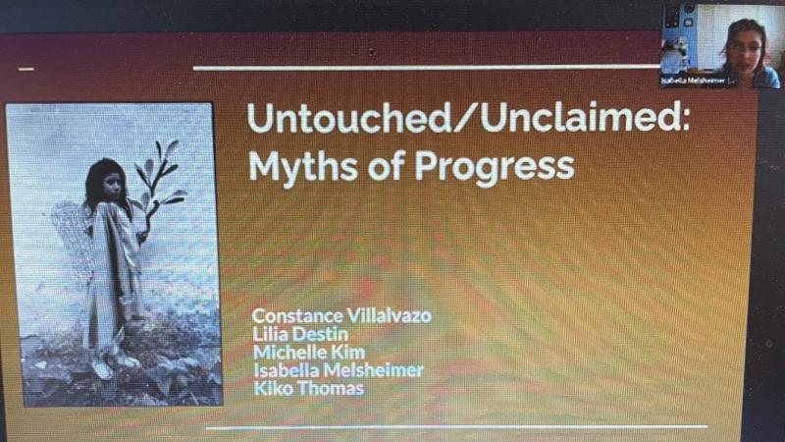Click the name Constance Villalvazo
point(340,316)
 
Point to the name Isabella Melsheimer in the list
point(338,370)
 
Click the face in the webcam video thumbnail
point(743,44)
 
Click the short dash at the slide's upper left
point(26,69)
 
